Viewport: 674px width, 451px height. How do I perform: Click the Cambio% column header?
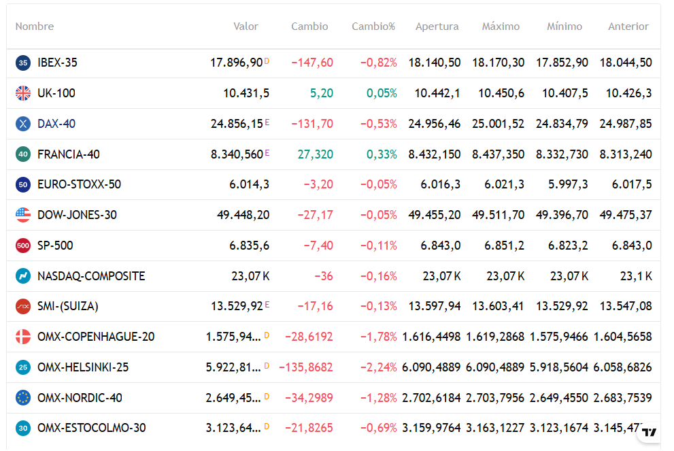click(x=373, y=27)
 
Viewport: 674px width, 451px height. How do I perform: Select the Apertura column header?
click(x=437, y=27)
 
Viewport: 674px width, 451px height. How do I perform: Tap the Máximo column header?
click(x=501, y=27)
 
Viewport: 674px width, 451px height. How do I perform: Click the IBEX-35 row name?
click(x=57, y=63)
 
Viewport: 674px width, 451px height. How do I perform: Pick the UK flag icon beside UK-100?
click(x=23, y=93)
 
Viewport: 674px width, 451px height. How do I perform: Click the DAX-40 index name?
click(x=56, y=124)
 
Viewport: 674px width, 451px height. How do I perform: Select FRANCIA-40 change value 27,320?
click(x=316, y=154)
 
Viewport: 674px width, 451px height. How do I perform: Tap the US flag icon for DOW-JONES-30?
click(x=23, y=215)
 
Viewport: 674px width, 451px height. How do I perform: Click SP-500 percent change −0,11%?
click(x=378, y=246)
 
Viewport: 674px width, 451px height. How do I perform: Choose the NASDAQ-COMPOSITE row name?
click(x=91, y=276)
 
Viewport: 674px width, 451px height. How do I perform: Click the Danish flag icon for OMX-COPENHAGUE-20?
click(x=23, y=337)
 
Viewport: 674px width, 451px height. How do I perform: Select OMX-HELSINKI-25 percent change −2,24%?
click(x=378, y=367)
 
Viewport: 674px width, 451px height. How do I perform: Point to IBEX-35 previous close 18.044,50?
click(x=626, y=63)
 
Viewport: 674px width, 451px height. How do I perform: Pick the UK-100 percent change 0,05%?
click(x=382, y=93)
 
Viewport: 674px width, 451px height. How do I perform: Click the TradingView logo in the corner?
click(x=650, y=431)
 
